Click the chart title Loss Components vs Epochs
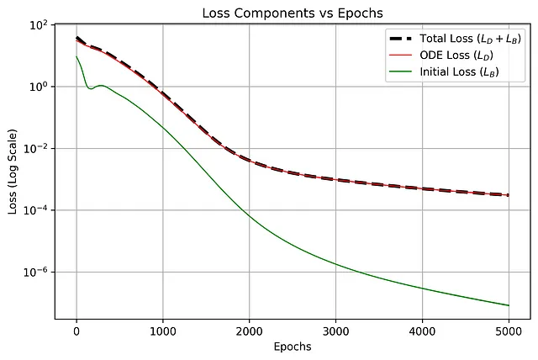(x=293, y=12)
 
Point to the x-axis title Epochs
(x=293, y=347)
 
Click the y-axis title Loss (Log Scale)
(x=11, y=172)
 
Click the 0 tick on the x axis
(x=76, y=330)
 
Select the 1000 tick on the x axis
(x=163, y=330)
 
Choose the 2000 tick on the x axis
(x=250, y=330)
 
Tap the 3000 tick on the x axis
(x=336, y=330)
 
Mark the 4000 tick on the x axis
(x=423, y=330)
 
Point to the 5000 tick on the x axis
(x=509, y=330)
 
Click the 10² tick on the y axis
(x=37, y=25)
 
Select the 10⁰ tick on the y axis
(x=37, y=87)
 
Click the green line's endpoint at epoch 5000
(x=509, y=305)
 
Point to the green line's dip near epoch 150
(x=90, y=88)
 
